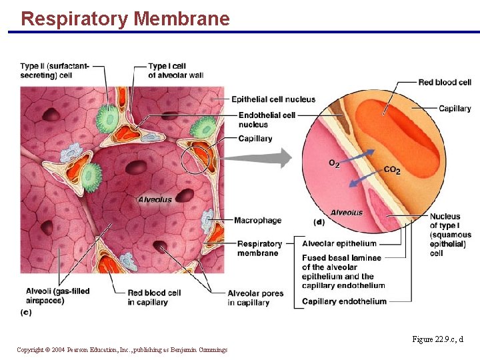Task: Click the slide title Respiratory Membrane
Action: point(125,18)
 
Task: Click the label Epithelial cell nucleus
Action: point(273,99)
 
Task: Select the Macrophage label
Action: point(257,221)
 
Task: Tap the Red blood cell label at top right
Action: point(445,82)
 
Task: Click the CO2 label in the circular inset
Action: point(392,171)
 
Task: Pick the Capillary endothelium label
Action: point(344,301)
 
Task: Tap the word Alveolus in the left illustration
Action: point(155,199)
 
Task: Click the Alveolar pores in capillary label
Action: point(255,298)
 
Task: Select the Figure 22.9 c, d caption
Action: point(437,339)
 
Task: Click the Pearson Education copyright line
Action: point(122,350)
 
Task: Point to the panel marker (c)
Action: point(26,312)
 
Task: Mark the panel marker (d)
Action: point(319,222)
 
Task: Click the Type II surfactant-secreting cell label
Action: point(55,71)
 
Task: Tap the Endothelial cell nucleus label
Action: point(267,119)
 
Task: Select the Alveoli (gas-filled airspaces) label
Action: point(57,296)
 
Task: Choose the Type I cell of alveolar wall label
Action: point(175,71)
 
